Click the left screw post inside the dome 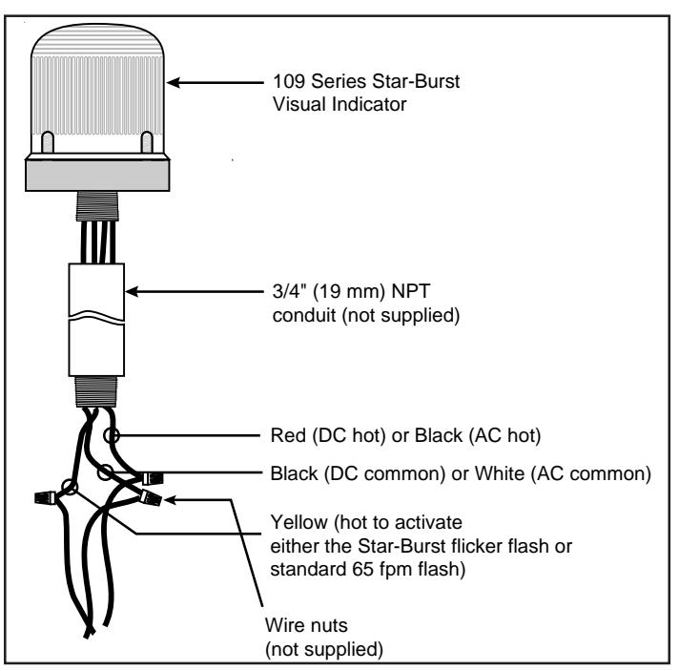(x=47, y=142)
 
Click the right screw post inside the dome (x=147, y=142)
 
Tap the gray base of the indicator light (x=97, y=175)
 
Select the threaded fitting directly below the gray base (x=97, y=206)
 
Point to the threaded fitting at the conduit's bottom (x=96, y=391)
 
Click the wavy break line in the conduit (x=96, y=316)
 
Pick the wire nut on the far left (x=46, y=497)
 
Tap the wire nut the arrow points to (x=151, y=497)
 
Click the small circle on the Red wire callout (x=112, y=435)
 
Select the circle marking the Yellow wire (x=70, y=487)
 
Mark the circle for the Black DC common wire (x=105, y=472)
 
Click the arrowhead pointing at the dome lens (x=174, y=82)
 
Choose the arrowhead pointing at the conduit (x=132, y=291)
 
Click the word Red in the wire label (x=288, y=435)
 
